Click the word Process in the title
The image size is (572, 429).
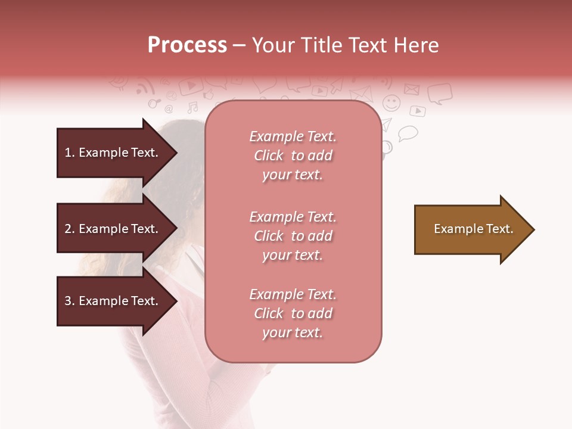pos(187,45)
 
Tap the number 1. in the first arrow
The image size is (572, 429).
pos(70,153)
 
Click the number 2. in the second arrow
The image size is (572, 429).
pos(70,229)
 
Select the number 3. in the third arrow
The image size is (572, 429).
pos(70,301)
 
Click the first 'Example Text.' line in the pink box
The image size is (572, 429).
pos(293,137)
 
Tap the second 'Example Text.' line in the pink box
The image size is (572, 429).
pos(293,217)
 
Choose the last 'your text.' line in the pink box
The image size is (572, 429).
pos(293,333)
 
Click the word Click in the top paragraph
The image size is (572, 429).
pos(268,156)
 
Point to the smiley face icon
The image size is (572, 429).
pos(391,103)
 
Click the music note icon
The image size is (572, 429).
pos(192,108)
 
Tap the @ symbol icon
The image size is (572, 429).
pos(169,109)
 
